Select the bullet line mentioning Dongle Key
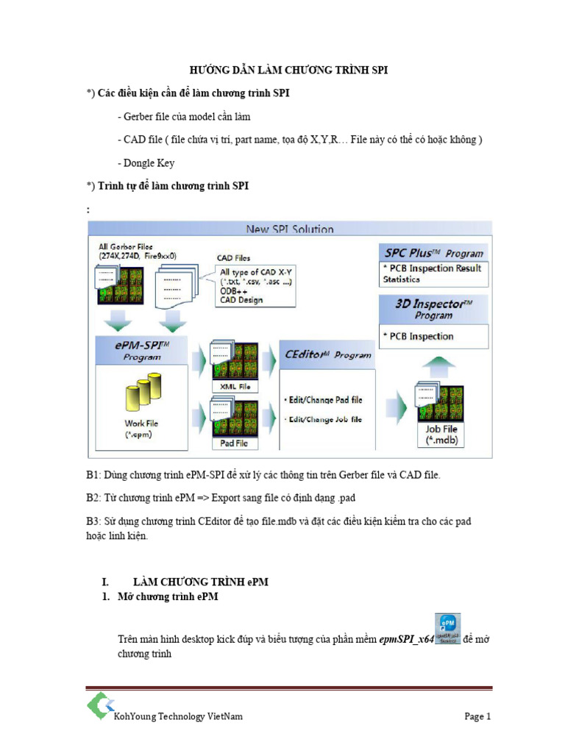146,163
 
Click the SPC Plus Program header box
433,252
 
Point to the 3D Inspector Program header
433,307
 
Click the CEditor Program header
328,354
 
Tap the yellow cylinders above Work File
143,393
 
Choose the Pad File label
233,443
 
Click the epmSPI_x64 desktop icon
447,629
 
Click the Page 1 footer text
477,716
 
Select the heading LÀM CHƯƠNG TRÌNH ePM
200,582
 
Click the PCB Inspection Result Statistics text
432,274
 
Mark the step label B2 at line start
93,498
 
